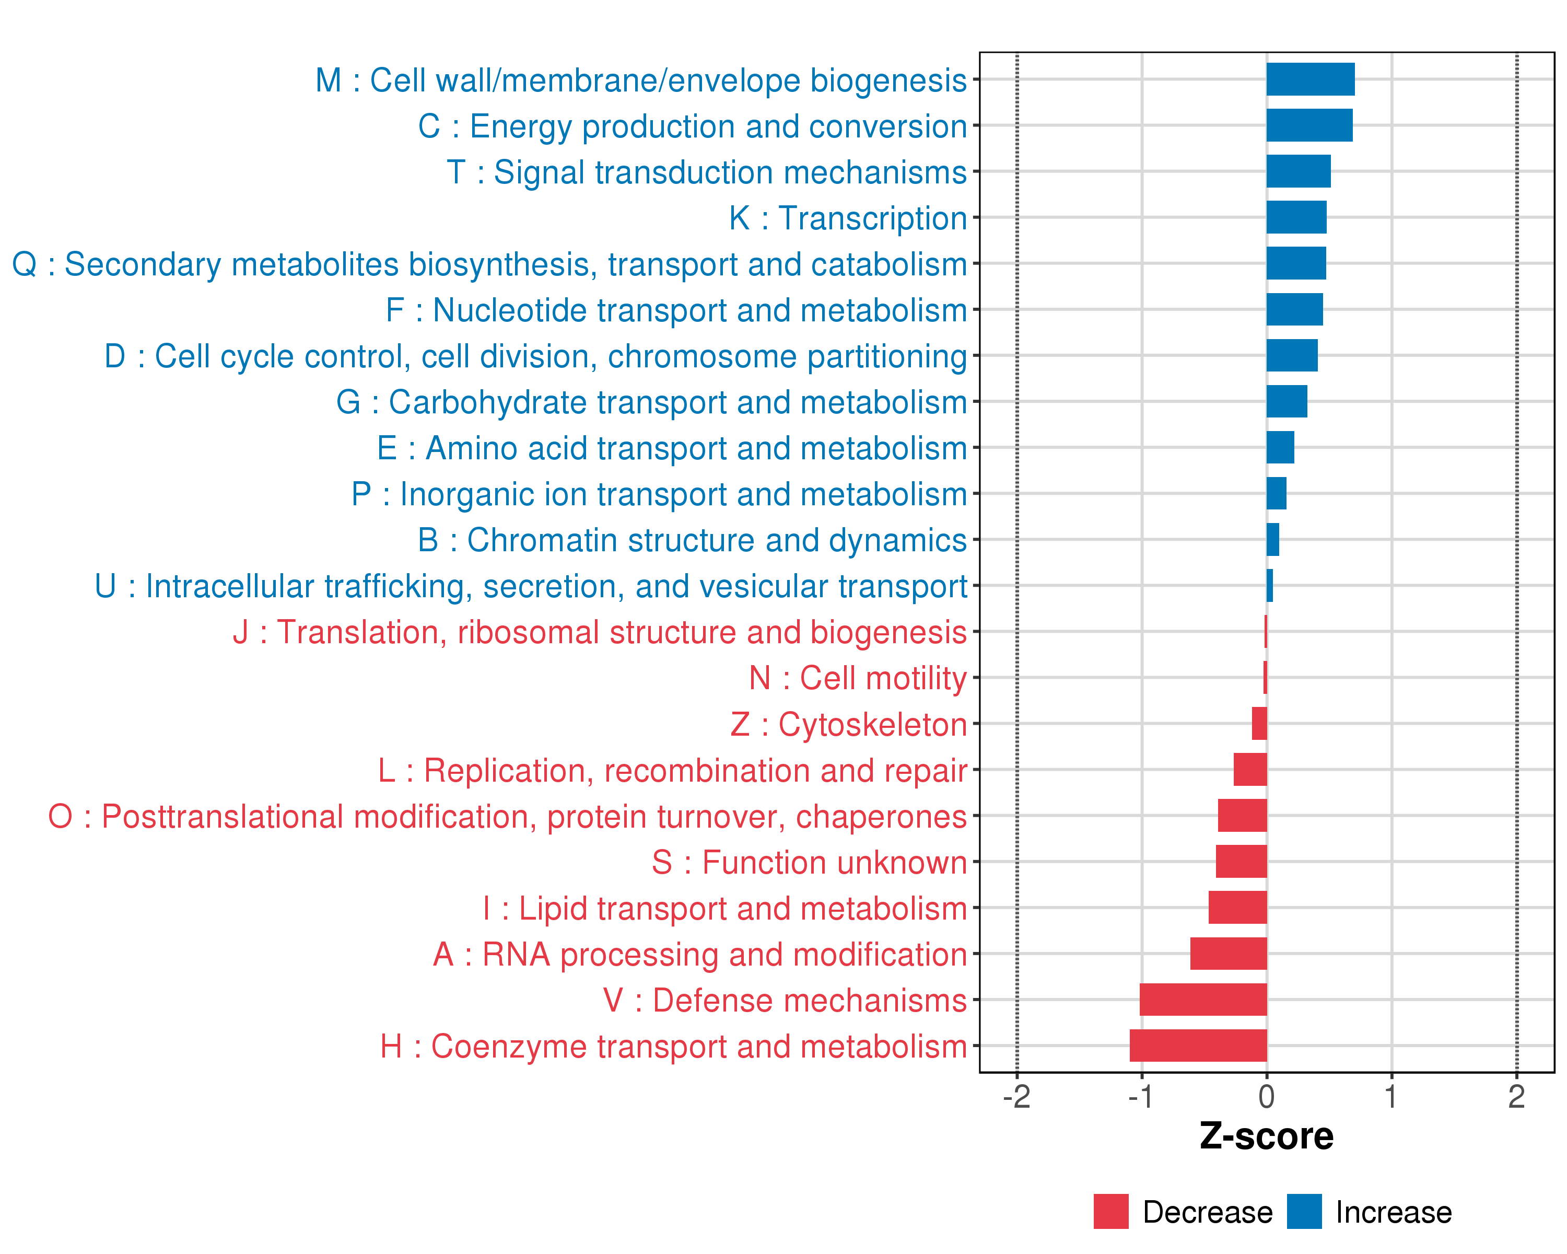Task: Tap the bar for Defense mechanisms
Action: tap(1203, 1000)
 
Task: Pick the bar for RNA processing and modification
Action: tap(1229, 953)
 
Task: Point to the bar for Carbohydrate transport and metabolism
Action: tap(1287, 401)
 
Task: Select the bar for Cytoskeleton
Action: tap(1259, 723)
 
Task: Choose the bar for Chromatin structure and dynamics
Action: tap(1272, 539)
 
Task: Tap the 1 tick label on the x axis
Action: tap(1391, 1096)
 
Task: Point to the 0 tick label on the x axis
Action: tap(1266, 1096)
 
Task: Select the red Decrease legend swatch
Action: tap(1110, 1211)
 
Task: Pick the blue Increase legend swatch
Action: tap(1304, 1211)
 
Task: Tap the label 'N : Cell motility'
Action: tap(858, 678)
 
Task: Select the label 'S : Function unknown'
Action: tap(809, 862)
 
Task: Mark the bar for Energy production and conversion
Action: tap(1309, 125)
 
